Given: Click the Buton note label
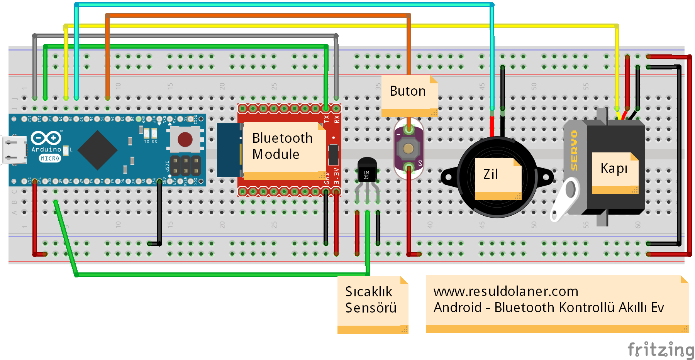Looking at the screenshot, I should point(407,91).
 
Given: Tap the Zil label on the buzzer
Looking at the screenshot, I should point(490,174).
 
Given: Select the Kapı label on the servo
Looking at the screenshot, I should point(614,168).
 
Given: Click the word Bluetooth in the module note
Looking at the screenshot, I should point(282,138).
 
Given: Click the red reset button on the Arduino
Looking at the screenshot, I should point(185,139).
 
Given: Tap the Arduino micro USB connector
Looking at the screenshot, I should point(14,150).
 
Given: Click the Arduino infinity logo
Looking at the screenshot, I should point(46,138).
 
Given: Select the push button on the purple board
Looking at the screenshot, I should point(409,149).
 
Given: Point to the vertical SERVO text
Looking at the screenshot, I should point(574,150).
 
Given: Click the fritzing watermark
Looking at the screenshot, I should point(660,350).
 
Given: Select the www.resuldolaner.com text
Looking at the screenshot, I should point(505,291).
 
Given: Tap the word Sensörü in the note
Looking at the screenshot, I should point(371,308).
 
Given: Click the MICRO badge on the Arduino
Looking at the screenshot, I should point(50,159).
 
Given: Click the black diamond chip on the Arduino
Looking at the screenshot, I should point(98,150).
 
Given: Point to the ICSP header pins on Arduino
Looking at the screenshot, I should point(186,165).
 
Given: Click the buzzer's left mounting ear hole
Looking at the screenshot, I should point(449,177).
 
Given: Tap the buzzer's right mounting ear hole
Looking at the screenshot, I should point(546,177).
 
